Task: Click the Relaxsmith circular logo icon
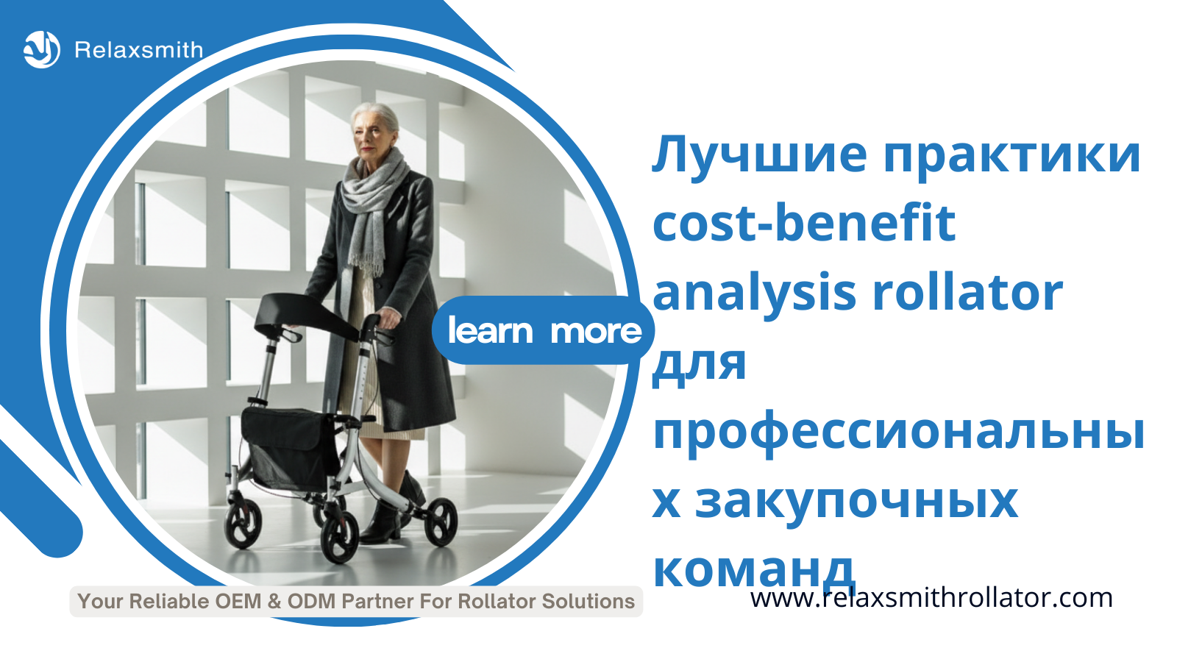42,50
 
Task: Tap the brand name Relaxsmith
139,51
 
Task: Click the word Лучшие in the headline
759,156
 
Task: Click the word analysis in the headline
755,293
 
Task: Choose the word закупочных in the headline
856,502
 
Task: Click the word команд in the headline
753,571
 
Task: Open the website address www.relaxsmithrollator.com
931,598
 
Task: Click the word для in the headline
699,365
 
